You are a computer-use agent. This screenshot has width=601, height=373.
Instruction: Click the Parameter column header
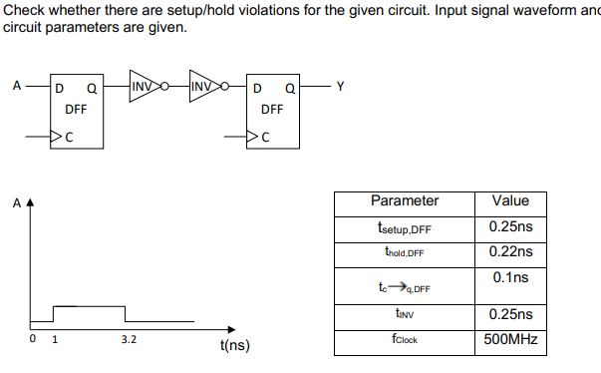click(404, 200)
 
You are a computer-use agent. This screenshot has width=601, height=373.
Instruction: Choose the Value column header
click(510, 200)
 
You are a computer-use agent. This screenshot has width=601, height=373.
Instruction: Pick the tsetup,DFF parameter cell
click(404, 227)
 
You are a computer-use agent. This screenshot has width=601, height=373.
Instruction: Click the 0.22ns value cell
click(510, 251)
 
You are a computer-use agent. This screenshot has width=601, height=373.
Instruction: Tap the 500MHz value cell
click(510, 339)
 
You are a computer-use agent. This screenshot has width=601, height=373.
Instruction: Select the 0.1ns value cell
click(510, 275)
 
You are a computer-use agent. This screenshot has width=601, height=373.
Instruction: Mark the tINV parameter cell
click(404, 314)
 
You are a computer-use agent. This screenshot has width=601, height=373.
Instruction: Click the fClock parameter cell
click(404, 339)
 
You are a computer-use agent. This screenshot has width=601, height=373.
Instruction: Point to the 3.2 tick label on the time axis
click(129, 340)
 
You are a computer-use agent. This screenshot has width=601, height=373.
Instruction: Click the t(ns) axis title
click(233, 346)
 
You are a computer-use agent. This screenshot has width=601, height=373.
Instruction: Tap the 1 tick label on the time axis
click(54, 340)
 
